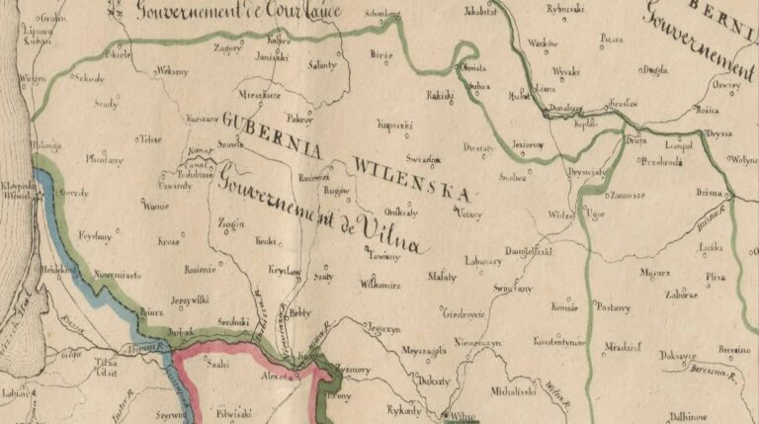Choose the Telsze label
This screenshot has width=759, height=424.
point(150,139)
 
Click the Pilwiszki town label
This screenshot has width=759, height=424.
point(232,402)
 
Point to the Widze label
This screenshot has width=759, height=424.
point(562,213)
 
